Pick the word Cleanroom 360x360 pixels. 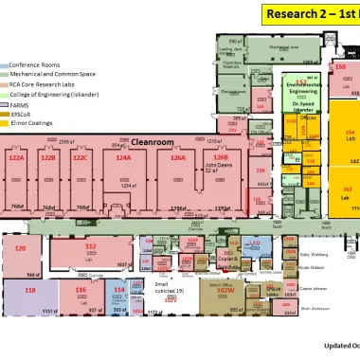coord(153,140)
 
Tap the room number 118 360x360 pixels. coord(31,290)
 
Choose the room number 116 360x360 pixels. coord(81,290)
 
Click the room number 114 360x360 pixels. coord(119,290)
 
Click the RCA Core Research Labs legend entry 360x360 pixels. coord(44,83)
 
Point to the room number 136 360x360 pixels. coord(261,171)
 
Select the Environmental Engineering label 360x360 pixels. coord(302,88)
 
